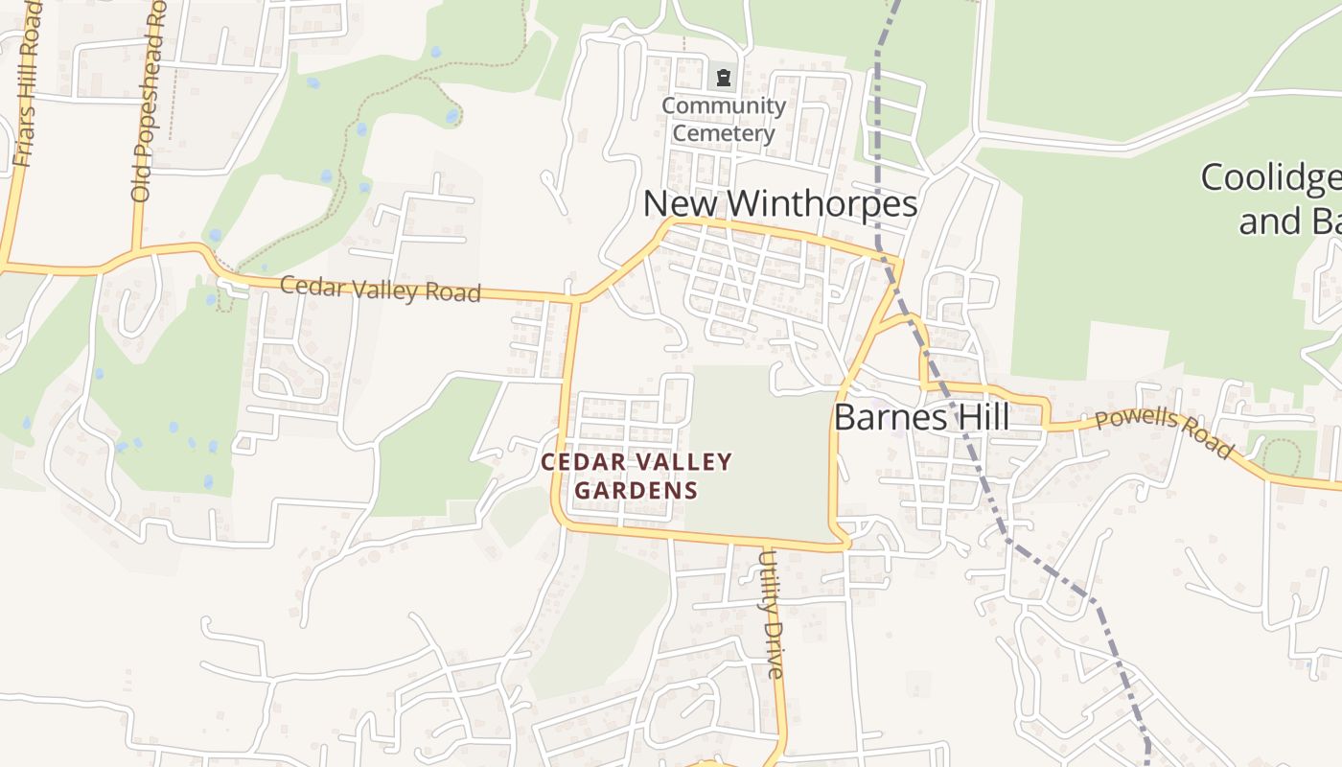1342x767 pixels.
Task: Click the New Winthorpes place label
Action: (779, 204)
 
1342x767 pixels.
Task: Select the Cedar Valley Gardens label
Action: (636, 476)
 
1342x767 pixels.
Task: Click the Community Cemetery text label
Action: (724, 119)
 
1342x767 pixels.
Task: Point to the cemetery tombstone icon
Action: (724, 77)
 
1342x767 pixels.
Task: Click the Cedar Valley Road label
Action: (380, 290)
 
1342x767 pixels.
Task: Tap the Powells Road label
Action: (1163, 432)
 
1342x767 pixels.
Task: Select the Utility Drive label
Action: (773, 614)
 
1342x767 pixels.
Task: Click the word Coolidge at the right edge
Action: (1270, 178)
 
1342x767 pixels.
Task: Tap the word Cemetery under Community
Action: (723, 133)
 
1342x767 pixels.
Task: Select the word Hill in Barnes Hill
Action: (979, 418)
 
